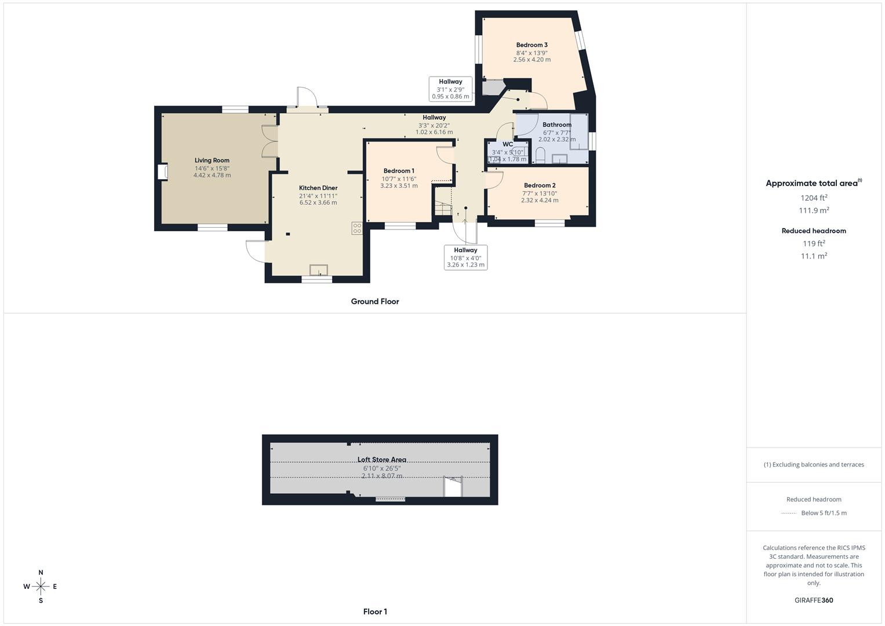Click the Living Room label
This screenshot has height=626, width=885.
click(212, 161)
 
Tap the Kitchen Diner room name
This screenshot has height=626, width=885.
click(318, 188)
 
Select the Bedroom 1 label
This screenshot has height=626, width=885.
click(399, 171)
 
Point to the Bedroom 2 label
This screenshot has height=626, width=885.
click(540, 185)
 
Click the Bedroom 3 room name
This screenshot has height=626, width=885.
click(532, 45)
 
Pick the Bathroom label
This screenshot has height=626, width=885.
click(557, 125)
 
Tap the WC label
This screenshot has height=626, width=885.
click(508, 144)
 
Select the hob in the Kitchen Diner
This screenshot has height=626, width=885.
click(357, 228)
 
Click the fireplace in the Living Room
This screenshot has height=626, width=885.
click(163, 172)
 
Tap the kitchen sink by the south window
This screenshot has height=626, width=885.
click(319, 270)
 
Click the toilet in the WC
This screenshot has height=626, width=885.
click(540, 155)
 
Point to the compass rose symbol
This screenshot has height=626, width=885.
click(41, 587)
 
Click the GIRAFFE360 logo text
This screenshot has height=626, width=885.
click(814, 600)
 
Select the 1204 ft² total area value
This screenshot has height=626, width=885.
click(814, 198)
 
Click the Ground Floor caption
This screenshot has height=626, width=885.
click(375, 301)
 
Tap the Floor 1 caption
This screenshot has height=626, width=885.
click(375, 612)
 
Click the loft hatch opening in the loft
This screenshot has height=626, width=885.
click(453, 487)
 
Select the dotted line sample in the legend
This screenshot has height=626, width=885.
click(789, 513)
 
